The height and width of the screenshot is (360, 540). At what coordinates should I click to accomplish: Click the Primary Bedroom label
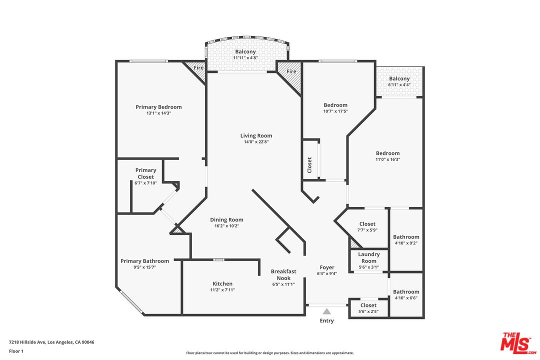pos(158,107)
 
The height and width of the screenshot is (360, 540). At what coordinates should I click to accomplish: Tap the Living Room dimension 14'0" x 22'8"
pos(256,141)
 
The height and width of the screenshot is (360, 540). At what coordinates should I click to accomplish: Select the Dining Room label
pos(226,220)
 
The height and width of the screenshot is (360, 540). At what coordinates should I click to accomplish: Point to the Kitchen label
pos(222,283)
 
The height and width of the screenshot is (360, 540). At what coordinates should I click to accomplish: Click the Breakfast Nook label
pos(283,274)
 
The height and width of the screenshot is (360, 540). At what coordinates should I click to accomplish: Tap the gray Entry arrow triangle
pos(327,311)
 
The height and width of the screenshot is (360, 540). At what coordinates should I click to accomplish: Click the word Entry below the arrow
pos(327,320)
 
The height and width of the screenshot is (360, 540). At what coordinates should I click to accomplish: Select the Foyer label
pos(327,267)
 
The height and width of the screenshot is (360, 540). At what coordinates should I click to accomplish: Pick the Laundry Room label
pos(369,257)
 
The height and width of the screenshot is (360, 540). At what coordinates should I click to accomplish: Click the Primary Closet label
pos(145,173)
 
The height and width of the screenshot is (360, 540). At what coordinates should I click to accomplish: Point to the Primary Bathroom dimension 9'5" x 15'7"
pos(144,267)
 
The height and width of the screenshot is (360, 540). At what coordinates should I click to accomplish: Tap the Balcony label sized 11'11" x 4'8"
pos(245,51)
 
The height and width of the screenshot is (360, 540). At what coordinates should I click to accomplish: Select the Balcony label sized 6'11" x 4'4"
pos(399,78)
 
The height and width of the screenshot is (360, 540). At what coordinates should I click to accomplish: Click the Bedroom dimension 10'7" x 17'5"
pos(335,111)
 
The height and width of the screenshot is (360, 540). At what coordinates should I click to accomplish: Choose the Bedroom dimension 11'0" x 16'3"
pos(388,159)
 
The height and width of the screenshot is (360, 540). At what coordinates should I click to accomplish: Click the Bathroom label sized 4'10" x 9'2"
pos(406,237)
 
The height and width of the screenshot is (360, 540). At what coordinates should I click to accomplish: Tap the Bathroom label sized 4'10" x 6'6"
pos(406,292)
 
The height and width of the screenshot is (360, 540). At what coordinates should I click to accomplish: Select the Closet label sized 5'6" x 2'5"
pos(368,305)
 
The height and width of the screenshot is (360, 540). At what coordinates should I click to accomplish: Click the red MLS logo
pos(518,343)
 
